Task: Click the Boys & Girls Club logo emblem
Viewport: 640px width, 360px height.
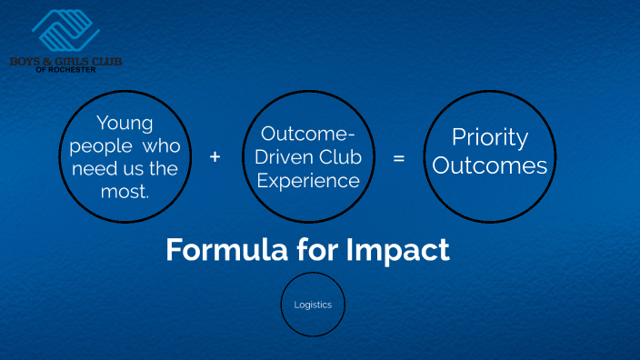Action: pyautogui.click(x=65, y=31)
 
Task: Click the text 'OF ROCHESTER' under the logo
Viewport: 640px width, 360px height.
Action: pyautogui.click(x=65, y=69)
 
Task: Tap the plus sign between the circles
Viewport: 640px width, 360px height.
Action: pyautogui.click(x=215, y=156)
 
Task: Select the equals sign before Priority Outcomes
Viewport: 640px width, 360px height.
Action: pyautogui.click(x=398, y=157)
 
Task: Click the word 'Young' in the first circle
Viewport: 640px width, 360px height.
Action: pyautogui.click(x=125, y=123)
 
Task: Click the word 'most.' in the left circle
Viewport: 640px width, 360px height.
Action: pyautogui.click(x=125, y=190)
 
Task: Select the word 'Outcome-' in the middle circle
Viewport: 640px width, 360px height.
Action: pyautogui.click(x=308, y=135)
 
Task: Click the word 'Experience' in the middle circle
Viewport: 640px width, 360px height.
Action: pyautogui.click(x=308, y=180)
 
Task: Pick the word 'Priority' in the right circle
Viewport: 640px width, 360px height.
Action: pyautogui.click(x=490, y=137)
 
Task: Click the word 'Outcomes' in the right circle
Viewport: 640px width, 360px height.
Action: pyautogui.click(x=490, y=166)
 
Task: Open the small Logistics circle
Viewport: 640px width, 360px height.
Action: pyautogui.click(x=313, y=305)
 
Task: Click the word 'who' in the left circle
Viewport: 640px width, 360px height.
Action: pyautogui.click(x=163, y=145)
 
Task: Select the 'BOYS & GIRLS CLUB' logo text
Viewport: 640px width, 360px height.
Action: pyautogui.click(x=65, y=61)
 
